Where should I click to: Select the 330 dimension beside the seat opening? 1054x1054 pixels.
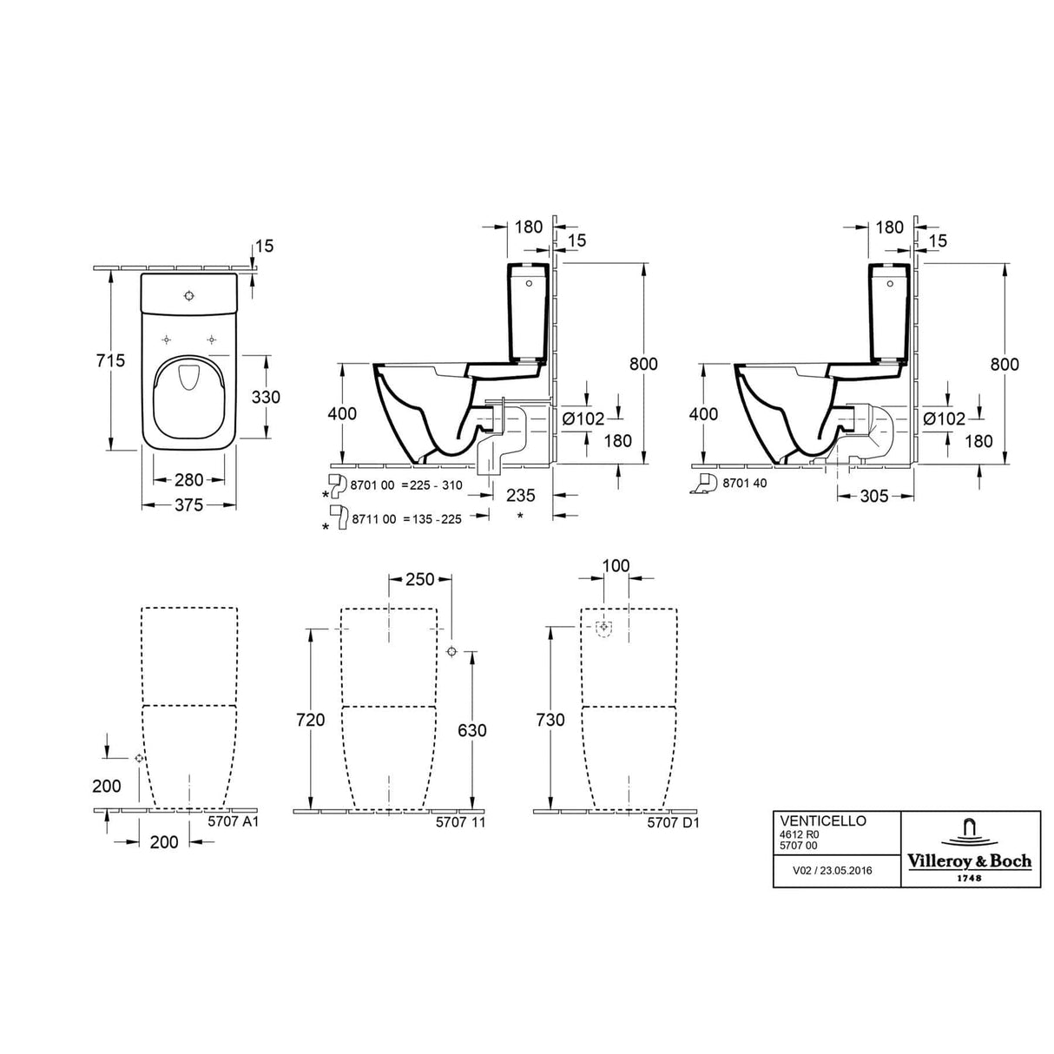[266, 397]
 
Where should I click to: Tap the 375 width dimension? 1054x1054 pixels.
[188, 504]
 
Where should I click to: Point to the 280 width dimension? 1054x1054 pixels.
[188, 479]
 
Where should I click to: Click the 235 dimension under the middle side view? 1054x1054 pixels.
[520, 495]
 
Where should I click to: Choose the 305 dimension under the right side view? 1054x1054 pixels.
[873, 496]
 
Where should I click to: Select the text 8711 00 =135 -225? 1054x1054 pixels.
[406, 518]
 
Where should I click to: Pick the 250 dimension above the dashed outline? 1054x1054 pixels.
[420, 580]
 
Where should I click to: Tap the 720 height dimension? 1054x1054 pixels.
[310, 720]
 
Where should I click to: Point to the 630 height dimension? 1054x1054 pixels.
[471, 730]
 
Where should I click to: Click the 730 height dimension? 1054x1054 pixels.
[550, 720]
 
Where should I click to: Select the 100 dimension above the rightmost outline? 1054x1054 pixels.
[616, 566]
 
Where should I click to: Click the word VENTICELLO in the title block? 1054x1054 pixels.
[812, 820]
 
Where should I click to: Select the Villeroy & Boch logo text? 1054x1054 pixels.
[970, 860]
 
